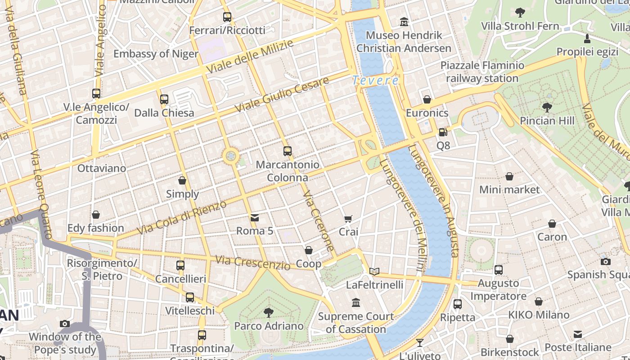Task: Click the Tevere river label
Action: (375, 81)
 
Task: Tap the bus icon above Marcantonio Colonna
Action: (288, 151)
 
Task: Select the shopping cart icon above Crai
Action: (348, 219)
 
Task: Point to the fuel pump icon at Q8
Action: (443, 132)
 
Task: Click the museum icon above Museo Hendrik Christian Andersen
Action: (404, 22)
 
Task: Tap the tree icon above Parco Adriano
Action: (269, 312)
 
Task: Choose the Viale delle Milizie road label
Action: (250, 57)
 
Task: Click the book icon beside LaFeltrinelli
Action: (374, 271)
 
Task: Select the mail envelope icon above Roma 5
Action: (255, 218)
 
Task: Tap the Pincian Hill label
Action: (547, 121)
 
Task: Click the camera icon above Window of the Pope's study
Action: (65, 324)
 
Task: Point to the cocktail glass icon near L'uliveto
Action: (419, 343)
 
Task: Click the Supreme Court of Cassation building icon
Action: (356, 303)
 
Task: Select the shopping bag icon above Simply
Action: (182, 180)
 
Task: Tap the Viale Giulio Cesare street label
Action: (282, 95)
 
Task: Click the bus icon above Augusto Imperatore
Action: (498, 270)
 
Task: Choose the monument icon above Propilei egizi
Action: (587, 38)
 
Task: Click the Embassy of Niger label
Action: (156, 54)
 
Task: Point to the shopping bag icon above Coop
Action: (309, 250)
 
